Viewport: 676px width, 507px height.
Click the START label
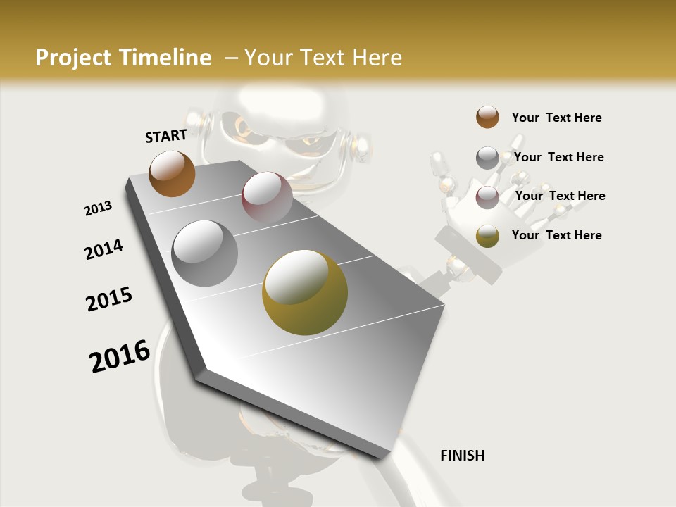point(166,136)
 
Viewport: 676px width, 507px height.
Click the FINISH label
point(463,456)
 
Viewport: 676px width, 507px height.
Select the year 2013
point(99,208)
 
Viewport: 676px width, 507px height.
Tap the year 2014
point(104,249)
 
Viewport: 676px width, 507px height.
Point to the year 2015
point(109,299)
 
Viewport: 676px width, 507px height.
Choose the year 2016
point(120,356)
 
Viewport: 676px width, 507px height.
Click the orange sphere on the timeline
point(172,173)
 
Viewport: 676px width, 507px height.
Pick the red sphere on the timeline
point(267,197)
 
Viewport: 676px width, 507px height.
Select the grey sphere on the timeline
point(205,254)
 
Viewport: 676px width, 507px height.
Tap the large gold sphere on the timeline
point(305,292)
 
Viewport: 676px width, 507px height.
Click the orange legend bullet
point(487,118)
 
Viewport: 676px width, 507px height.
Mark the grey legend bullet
point(487,158)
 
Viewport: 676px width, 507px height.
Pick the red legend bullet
point(487,197)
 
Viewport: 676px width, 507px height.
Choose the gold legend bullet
point(487,236)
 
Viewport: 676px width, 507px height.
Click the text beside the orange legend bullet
point(557,118)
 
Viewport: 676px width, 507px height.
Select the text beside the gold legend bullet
point(557,235)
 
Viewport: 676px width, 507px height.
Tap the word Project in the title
point(73,58)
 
